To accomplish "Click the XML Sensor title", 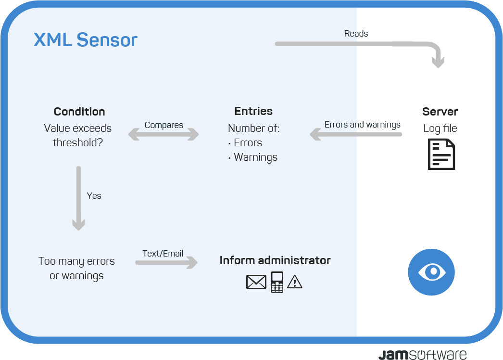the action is [x=85, y=40].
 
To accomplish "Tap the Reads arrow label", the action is [x=356, y=33].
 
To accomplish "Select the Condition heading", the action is [x=79, y=112].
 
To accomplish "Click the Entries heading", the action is [x=253, y=111].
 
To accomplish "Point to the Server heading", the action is [x=440, y=112].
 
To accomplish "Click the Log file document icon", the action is [x=441, y=154].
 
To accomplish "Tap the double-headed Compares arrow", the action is [x=163, y=134].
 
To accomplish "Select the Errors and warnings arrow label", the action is [x=363, y=125].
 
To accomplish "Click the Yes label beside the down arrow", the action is [x=94, y=195].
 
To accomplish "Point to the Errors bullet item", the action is [x=245, y=142].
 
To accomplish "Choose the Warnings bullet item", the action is [x=253, y=157].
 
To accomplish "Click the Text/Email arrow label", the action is [x=163, y=253].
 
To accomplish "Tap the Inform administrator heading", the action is [x=275, y=260].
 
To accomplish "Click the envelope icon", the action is [x=256, y=282].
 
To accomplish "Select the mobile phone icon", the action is [x=277, y=282].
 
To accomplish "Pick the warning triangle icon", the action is [x=295, y=282].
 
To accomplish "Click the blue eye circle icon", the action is [x=431, y=272].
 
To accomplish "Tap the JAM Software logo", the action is [x=423, y=355].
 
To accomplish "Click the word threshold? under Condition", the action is [x=77, y=142].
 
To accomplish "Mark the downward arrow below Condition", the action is [x=78, y=198].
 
